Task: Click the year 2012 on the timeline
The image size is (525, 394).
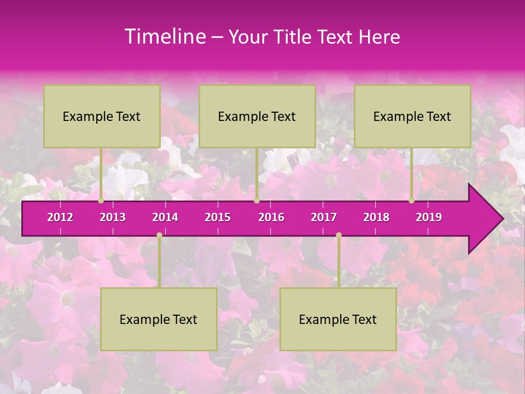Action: [x=60, y=217]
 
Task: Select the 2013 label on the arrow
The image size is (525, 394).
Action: [x=113, y=217]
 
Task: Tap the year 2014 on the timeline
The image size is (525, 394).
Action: [x=165, y=217]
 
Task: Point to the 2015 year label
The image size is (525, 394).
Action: [x=218, y=217]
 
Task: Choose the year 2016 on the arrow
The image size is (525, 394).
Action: [x=271, y=217]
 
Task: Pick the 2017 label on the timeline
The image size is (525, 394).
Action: [x=324, y=217]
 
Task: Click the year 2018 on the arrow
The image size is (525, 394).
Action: [x=376, y=217]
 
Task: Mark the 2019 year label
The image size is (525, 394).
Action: [x=429, y=217]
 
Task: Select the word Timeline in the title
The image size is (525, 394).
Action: [x=164, y=37]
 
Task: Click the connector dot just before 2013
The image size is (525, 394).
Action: [x=101, y=201]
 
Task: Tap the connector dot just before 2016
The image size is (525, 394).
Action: [x=256, y=201]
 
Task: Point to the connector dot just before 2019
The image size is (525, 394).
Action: [x=412, y=201]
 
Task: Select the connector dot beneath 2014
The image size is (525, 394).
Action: [x=159, y=235]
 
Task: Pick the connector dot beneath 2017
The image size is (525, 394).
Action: [x=339, y=235]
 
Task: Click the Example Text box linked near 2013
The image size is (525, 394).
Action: [x=102, y=116]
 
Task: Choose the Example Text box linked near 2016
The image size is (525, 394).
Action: [x=257, y=116]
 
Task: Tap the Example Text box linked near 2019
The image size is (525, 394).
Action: [x=412, y=116]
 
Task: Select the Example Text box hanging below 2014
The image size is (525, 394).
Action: [x=159, y=319]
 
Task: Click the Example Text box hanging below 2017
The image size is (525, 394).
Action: [x=338, y=319]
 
